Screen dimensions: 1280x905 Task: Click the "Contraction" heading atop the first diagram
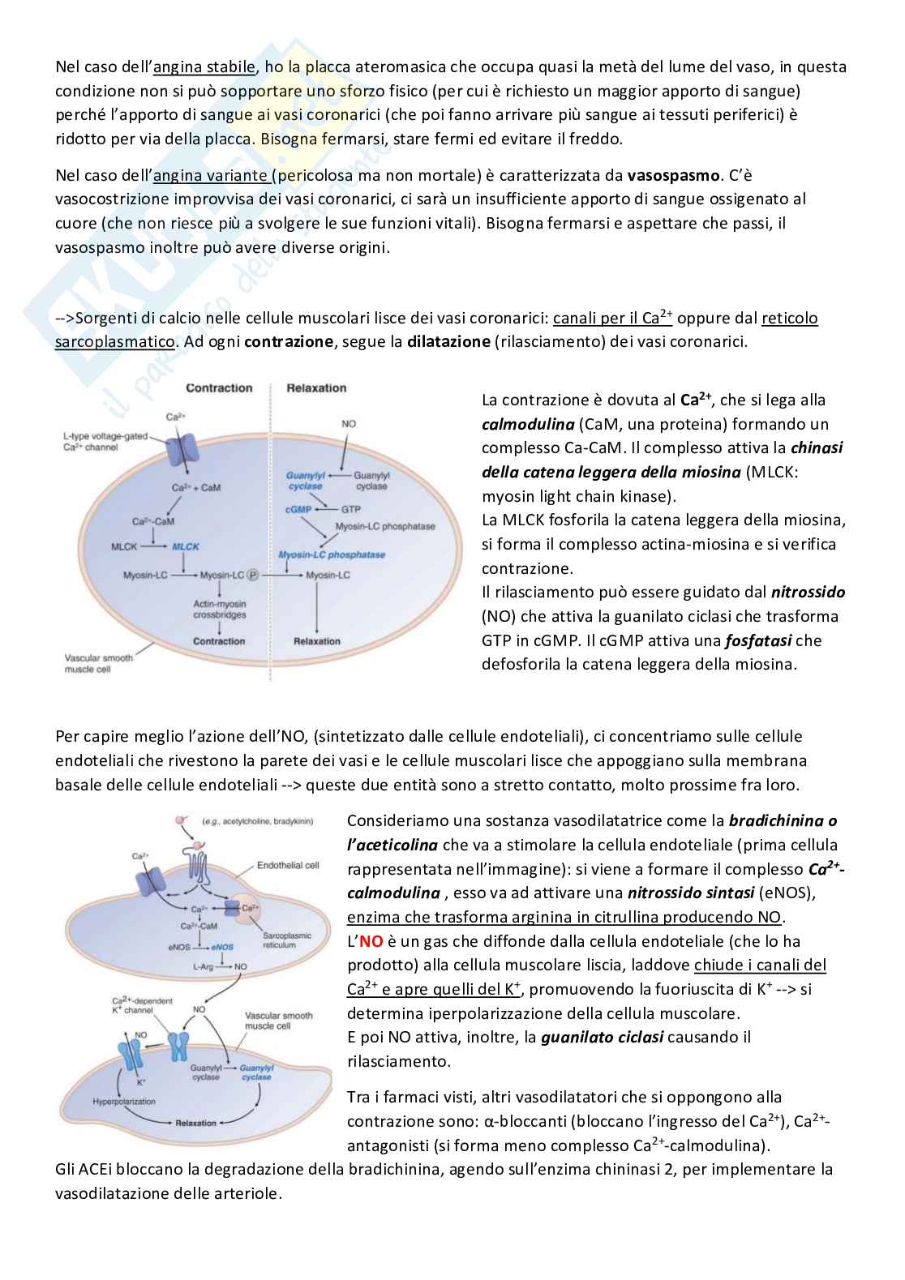[219, 388]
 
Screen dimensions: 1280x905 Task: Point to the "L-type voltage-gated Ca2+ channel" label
[105, 442]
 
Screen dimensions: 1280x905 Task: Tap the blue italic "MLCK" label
[185, 546]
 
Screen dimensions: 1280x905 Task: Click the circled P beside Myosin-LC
[253, 575]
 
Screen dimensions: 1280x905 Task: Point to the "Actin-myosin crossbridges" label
[219, 610]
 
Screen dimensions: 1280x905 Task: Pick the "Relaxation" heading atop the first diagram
[316, 388]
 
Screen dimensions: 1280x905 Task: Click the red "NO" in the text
[371, 941]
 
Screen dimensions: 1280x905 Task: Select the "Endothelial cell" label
[288, 866]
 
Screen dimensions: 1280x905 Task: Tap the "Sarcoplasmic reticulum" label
[286, 940]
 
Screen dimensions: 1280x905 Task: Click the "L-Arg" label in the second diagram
[204, 966]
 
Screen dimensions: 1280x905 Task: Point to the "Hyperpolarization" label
[124, 1102]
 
